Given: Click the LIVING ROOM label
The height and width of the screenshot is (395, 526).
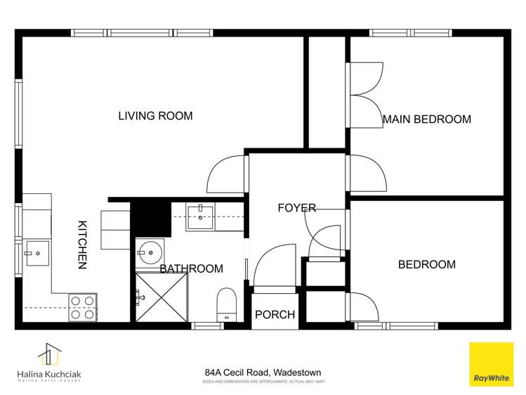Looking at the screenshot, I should [154, 116].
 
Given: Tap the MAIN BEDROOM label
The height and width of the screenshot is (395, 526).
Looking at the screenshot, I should [426, 119].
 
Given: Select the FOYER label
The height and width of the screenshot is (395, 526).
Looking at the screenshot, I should [296, 208].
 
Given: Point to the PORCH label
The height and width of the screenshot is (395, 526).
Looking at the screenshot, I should [274, 315].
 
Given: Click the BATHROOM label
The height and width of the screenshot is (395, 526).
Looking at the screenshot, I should [191, 268].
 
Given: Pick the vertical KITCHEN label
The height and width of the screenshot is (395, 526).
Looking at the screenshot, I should [81, 245].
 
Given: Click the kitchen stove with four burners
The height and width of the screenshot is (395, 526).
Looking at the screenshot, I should [82, 307].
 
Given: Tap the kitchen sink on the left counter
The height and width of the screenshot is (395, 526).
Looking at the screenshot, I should [36, 252].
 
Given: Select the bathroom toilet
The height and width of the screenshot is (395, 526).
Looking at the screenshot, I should [226, 304].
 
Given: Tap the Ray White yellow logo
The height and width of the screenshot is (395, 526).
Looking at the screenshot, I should [490, 364].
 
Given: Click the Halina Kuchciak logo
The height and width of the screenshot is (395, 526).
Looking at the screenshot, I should [50, 363].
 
